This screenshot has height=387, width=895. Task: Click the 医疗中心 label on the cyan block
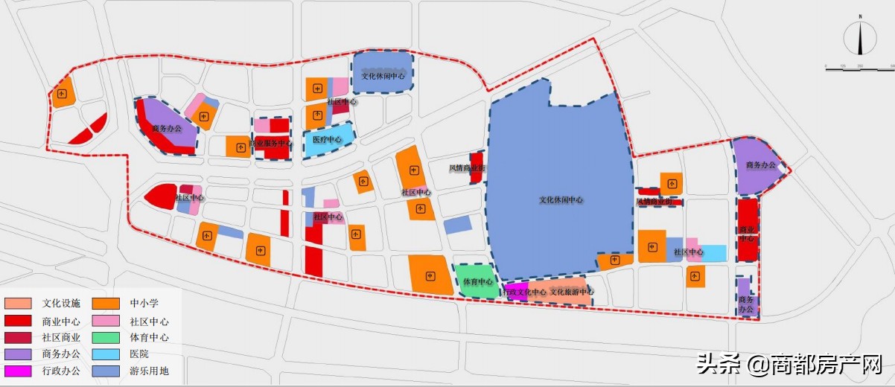[x=328, y=140]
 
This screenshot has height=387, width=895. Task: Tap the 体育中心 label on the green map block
[x=477, y=282]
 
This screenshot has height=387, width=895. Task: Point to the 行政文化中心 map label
[x=525, y=292]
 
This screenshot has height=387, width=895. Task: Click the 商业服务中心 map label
[x=270, y=143]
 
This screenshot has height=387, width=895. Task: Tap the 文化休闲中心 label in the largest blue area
[x=561, y=200]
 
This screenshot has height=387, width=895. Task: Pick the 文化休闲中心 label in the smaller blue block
[x=383, y=76]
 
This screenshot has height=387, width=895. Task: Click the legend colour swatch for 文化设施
[x=18, y=304]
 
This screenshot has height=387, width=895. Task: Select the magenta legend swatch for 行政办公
[x=18, y=370]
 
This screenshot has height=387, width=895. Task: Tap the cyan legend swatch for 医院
[x=107, y=354]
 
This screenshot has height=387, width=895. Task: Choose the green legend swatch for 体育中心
[x=107, y=337]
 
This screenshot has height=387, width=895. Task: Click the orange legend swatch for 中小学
[x=107, y=304]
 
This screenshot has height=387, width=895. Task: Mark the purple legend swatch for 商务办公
[x=18, y=354]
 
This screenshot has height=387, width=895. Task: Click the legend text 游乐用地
[x=149, y=370]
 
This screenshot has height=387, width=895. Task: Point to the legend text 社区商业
[x=62, y=337]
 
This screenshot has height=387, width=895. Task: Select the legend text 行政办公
[x=62, y=370]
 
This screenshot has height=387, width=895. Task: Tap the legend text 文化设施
[x=62, y=304]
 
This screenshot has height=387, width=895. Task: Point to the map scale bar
[x=859, y=67]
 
